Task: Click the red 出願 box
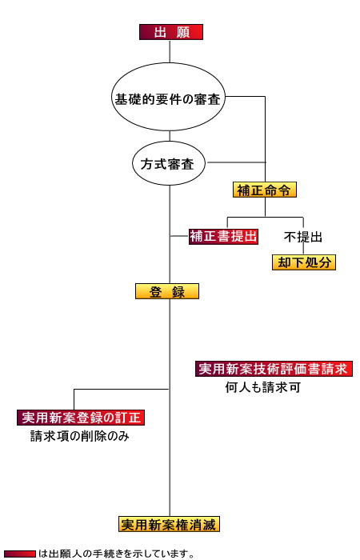tap(171, 32)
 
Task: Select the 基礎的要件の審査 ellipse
tap(169, 97)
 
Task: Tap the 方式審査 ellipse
tap(169, 163)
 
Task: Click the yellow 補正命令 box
tap(265, 190)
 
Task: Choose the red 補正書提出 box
tap(223, 237)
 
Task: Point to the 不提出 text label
tap(303, 237)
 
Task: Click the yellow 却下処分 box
tap(304, 262)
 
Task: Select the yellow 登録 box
tap(167, 291)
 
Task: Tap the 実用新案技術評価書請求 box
tap(274, 369)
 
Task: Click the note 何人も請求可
tap(263, 387)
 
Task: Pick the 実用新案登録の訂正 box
tap(81, 418)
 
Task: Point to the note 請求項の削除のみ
tap(80, 436)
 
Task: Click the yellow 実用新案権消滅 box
tap(169, 524)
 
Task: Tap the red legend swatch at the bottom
tap(20, 554)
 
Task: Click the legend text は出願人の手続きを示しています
tap(116, 554)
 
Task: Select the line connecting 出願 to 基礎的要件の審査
tap(170, 51)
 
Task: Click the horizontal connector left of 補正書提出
tap(180, 236)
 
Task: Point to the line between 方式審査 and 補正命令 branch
tap(236, 162)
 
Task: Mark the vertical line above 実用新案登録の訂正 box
tap(74, 399)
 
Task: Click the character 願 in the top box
tap(182, 33)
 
